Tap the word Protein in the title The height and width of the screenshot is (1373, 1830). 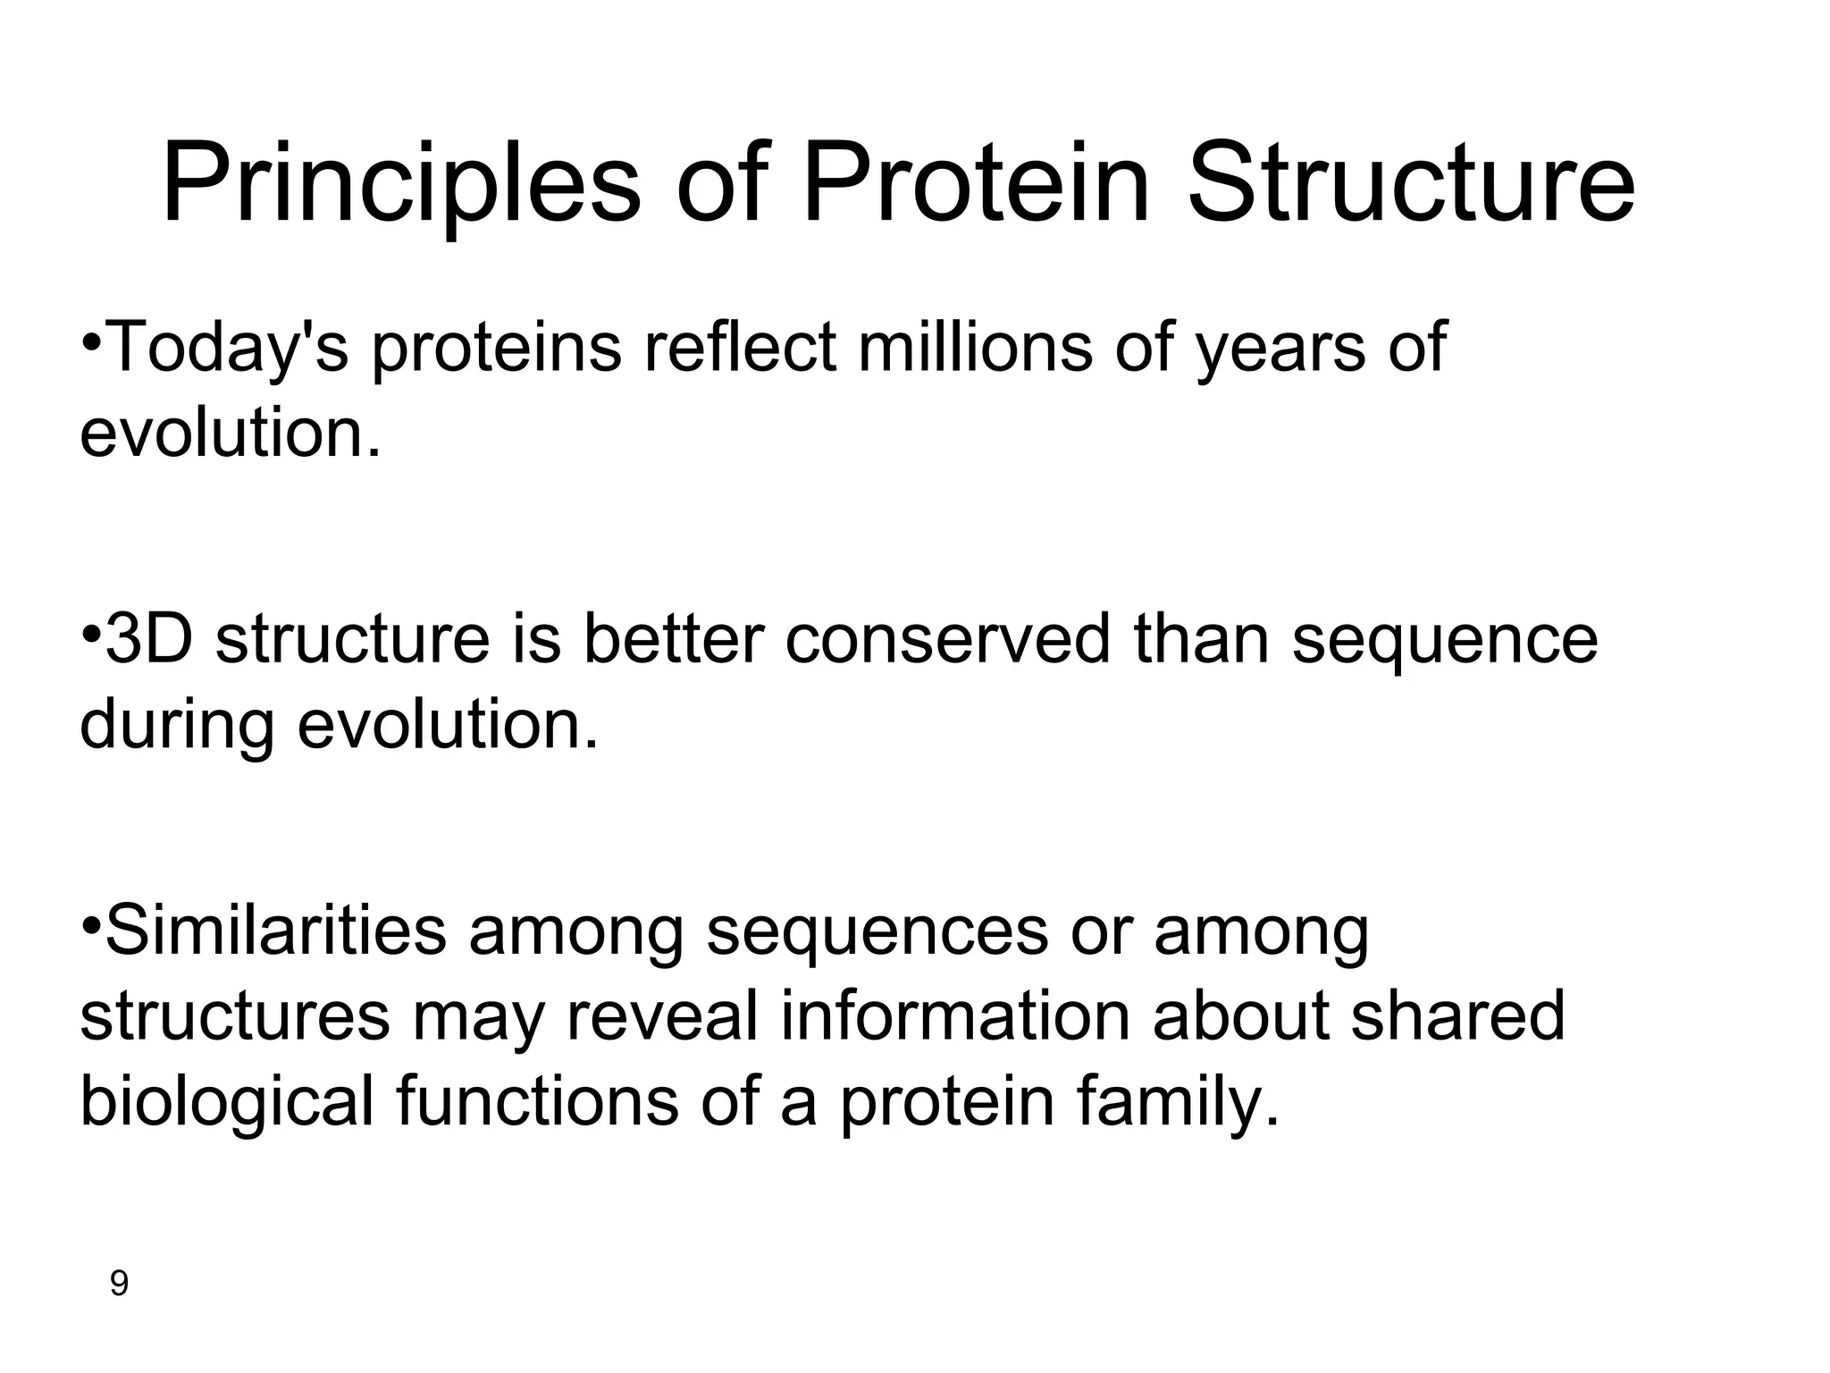975,183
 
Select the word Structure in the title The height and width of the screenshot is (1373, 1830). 1411,183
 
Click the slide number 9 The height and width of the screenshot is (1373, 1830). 119,1285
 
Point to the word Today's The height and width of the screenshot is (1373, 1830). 227,349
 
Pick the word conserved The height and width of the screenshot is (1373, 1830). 946,639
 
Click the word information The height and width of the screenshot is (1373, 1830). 955,1016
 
